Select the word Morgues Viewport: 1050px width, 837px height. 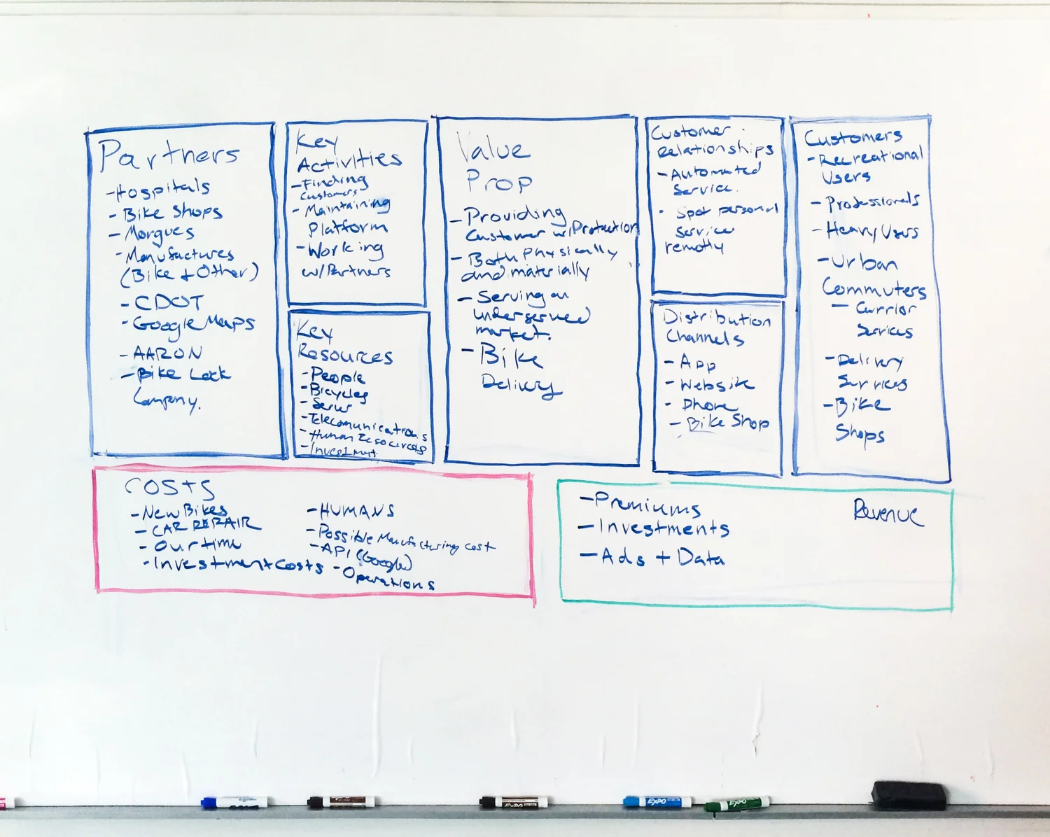[159, 233]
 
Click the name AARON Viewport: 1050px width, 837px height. [167, 353]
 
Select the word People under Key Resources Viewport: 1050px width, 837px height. [337, 376]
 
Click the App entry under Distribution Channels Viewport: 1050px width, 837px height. [697, 363]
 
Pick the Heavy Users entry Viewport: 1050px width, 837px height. [871, 231]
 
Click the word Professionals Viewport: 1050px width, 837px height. [872, 202]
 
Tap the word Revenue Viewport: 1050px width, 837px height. [888, 513]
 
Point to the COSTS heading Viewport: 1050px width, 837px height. [169, 487]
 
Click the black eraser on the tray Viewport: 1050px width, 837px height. [909, 794]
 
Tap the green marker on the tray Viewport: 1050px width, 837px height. [738, 804]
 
